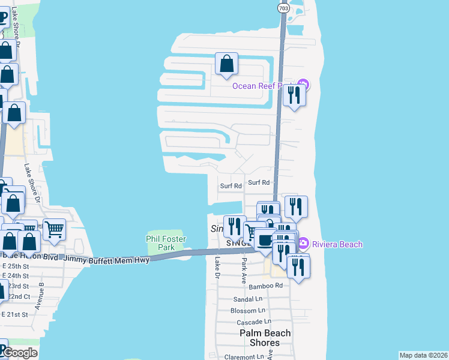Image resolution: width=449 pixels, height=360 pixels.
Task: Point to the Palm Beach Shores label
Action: pyautogui.click(x=265, y=338)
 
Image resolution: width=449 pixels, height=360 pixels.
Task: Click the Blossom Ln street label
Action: pyautogui.click(x=248, y=310)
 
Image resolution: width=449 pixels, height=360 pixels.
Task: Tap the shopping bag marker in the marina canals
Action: pyautogui.click(x=227, y=64)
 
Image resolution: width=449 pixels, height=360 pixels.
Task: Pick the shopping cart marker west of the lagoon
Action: pyautogui.click(x=54, y=228)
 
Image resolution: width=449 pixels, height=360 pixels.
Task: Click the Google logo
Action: pyautogui.click(x=20, y=353)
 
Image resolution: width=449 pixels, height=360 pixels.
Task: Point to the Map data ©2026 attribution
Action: pyautogui.click(x=423, y=355)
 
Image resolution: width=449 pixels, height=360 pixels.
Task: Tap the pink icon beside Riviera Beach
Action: pyautogui.click(x=303, y=244)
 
